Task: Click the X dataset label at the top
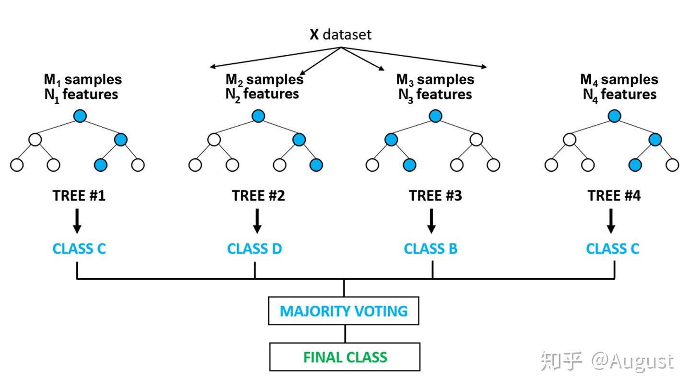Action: (x=340, y=35)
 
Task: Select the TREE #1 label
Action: (x=79, y=196)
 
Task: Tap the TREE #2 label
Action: (x=258, y=196)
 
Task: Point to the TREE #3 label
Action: (x=435, y=196)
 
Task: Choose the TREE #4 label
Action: (x=614, y=196)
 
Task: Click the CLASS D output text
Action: (x=254, y=249)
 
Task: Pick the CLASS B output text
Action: (x=430, y=249)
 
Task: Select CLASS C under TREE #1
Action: (x=79, y=249)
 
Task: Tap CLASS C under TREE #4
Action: (x=612, y=249)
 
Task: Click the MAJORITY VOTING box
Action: (x=344, y=311)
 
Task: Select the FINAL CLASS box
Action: (x=345, y=357)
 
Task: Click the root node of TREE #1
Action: (x=80, y=116)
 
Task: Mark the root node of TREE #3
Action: (x=435, y=116)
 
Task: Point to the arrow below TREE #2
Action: (x=257, y=221)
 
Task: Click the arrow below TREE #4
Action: (x=611, y=221)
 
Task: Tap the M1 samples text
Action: (x=83, y=79)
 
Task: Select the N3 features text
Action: (x=435, y=95)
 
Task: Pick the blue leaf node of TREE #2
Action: (x=316, y=165)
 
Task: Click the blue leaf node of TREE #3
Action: (x=409, y=165)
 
